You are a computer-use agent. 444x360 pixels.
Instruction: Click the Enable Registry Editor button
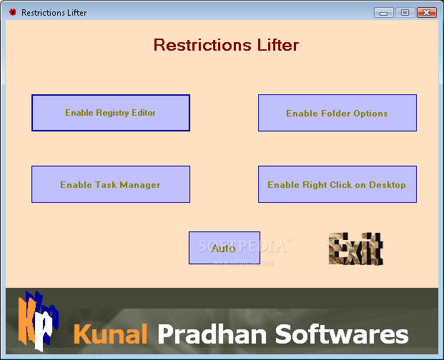[111, 113]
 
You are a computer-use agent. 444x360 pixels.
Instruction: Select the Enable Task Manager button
[111, 184]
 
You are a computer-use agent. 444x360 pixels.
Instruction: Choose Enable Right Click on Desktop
[337, 184]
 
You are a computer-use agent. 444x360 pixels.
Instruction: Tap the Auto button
[225, 248]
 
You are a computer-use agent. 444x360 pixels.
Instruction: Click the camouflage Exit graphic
[356, 249]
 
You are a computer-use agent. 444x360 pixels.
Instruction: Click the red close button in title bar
[426, 13]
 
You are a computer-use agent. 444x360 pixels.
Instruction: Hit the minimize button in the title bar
[384, 13]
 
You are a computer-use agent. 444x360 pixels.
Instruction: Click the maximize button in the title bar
[405, 13]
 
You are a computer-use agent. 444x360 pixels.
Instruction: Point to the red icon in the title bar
[12, 12]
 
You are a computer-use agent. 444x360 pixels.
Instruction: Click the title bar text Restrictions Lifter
[54, 13]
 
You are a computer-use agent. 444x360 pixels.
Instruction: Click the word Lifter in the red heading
[278, 45]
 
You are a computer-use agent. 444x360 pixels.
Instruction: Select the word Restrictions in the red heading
[202, 45]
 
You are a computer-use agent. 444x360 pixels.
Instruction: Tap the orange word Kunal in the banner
[110, 334]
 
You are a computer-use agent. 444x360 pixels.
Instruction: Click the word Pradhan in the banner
[212, 334]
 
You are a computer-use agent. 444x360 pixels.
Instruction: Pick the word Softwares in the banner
[342, 334]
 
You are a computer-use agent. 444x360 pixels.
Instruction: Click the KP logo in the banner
[39, 321]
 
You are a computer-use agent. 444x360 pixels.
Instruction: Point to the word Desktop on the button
[388, 185]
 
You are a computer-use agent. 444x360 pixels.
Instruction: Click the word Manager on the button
[140, 185]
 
